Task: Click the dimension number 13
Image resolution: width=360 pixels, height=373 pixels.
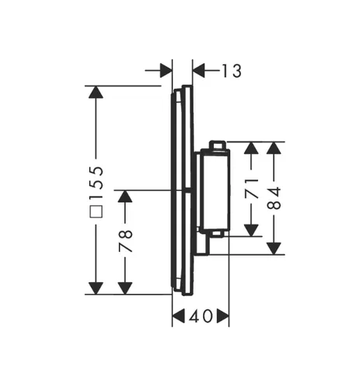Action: pos(232,71)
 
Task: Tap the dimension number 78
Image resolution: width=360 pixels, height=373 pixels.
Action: pos(125,241)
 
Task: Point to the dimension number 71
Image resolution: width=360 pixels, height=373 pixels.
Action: pos(252,188)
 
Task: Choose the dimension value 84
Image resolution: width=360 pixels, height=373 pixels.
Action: pos(274,198)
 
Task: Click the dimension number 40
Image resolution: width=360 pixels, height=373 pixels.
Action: pos(201,316)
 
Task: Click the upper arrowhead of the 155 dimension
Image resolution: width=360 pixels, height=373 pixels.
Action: pos(96,92)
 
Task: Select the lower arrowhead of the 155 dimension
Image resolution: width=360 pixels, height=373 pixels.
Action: pos(96,288)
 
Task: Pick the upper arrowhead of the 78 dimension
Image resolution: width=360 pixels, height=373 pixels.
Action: pos(125,197)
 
